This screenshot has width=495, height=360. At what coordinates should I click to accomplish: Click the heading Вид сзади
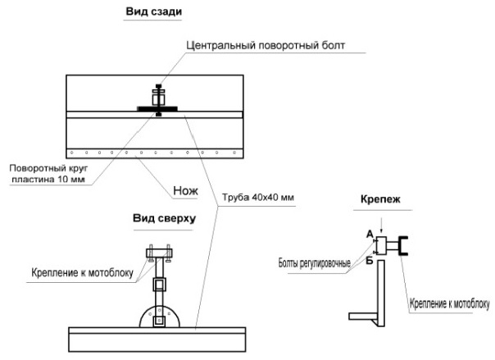153,13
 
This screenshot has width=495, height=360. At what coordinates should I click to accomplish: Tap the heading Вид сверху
164,219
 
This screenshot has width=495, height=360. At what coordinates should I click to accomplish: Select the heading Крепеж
379,199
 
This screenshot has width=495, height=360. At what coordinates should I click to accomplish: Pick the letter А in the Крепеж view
370,234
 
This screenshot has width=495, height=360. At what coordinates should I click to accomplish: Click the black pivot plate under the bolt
157,107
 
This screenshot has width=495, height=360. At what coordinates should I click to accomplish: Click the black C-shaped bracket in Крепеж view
404,246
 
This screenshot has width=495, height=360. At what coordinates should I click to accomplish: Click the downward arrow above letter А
380,221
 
